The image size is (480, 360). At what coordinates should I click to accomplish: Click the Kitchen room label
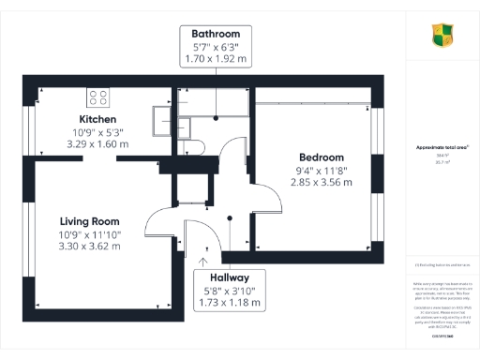[97, 120]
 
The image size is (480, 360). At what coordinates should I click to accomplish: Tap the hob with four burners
[99, 95]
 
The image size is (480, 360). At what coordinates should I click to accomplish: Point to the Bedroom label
[322, 157]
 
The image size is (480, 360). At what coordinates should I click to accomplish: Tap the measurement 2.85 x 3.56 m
[322, 182]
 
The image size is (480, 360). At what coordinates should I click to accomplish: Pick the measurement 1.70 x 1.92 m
[216, 57]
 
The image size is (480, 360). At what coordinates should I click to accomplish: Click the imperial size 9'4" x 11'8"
[322, 170]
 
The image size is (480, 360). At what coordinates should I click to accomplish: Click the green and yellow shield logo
[442, 37]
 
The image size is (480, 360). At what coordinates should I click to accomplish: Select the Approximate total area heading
[442, 148]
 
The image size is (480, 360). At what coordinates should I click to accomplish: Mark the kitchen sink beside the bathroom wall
[163, 117]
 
